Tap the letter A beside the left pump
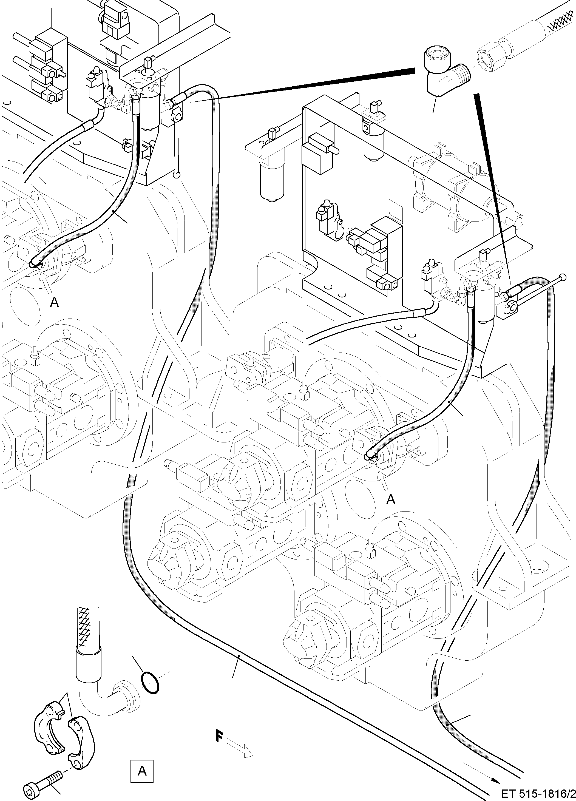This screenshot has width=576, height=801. click(x=54, y=302)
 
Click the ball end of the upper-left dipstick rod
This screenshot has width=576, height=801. click(x=176, y=175)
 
